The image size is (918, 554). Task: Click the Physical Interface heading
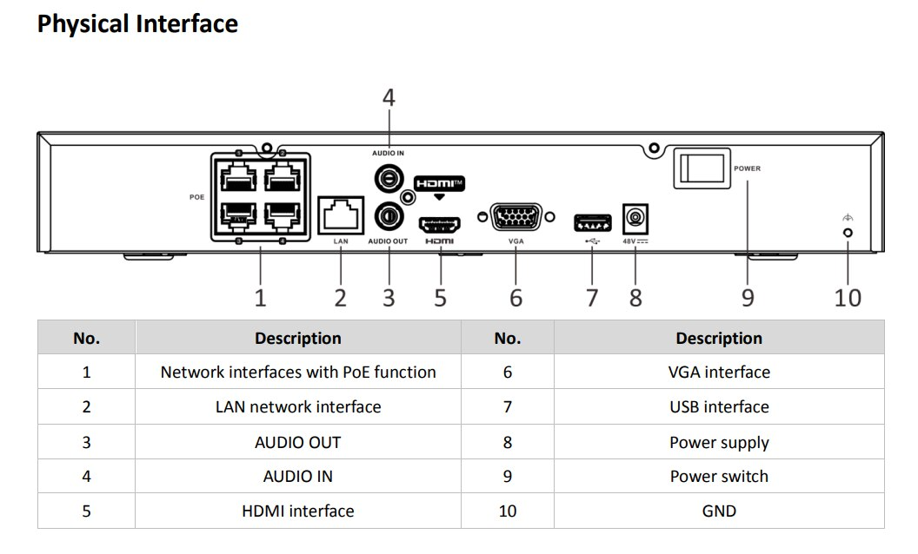click(137, 23)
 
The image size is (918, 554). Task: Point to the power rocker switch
click(700, 168)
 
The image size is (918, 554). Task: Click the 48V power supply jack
click(636, 216)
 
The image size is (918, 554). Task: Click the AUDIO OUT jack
click(388, 214)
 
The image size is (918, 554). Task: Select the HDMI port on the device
click(440, 224)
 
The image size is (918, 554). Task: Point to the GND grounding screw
click(848, 233)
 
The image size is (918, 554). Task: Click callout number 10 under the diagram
click(848, 298)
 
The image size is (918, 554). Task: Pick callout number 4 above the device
click(389, 98)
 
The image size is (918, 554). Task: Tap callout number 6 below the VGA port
click(516, 298)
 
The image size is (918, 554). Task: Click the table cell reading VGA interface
click(719, 373)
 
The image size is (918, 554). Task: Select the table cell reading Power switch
click(719, 477)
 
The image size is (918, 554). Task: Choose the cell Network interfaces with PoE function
click(298, 373)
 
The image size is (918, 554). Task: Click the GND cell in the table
click(719, 511)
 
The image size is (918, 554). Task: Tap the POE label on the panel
click(196, 197)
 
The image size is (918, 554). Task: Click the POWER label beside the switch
click(747, 168)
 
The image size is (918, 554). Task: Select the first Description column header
click(298, 339)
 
